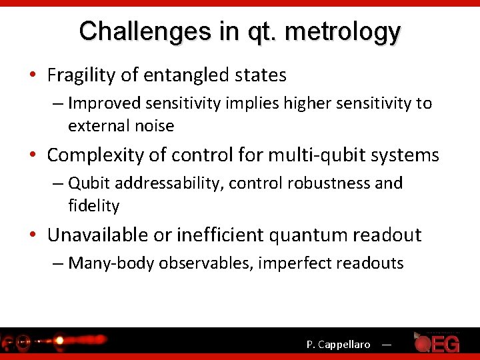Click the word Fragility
[81, 75]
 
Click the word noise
[156, 126]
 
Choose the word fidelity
[93, 206]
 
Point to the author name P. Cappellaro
[338, 345]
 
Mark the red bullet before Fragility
[34, 76]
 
